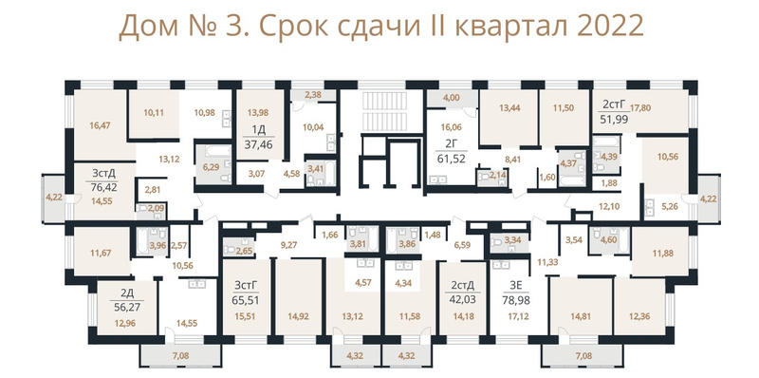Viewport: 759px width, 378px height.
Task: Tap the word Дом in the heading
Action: pos(145,28)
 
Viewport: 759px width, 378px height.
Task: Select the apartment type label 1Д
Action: pos(259,130)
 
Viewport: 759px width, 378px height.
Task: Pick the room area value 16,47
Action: pos(100,125)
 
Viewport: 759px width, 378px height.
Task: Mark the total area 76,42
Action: pos(103,186)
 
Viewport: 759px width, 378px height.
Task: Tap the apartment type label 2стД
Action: pos(462,286)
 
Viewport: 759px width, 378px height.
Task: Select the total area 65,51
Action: pos(246,300)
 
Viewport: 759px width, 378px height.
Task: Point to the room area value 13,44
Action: pos(509,108)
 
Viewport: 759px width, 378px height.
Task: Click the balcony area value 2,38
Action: pos(314,96)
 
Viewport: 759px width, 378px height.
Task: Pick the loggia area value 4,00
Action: pos(452,98)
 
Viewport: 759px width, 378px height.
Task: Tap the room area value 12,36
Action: pos(639,316)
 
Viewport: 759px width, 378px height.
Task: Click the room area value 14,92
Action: pos(298,316)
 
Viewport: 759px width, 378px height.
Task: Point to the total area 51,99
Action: pos(614,120)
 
